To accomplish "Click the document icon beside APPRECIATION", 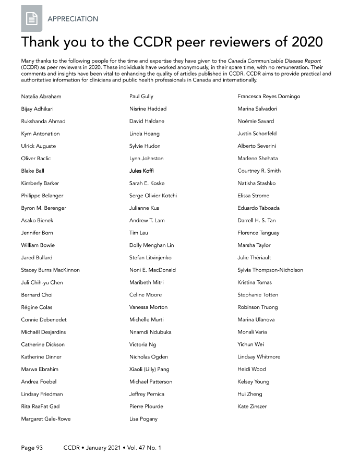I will (31, 19).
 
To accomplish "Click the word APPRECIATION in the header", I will (73, 19).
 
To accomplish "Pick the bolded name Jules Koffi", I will (141, 171).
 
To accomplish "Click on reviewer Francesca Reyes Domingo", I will (269, 97).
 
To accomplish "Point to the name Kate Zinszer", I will (252, 407).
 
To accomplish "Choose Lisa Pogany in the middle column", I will (143, 419).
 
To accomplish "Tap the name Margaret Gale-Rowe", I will (46, 419).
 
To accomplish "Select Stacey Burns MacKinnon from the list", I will (50, 270).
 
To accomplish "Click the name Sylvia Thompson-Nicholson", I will (270, 270).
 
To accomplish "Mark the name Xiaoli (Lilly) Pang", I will (149, 369).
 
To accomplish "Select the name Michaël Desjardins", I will (43, 332).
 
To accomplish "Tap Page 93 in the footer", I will (32, 448).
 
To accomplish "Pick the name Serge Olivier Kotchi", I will (153, 196).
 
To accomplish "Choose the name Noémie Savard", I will (256, 122).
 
